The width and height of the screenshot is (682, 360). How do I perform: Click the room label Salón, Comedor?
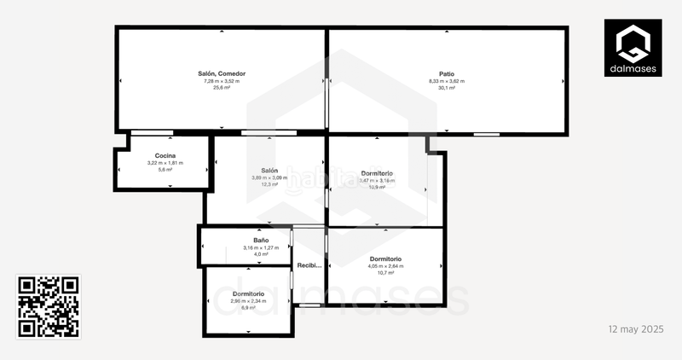[x=222, y=74]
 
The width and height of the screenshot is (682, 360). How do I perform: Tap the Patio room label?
[x=447, y=74]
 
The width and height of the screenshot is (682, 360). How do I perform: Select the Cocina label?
[x=165, y=156]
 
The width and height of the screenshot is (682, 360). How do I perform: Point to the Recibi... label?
[x=309, y=265]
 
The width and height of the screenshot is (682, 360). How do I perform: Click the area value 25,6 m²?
[x=222, y=88]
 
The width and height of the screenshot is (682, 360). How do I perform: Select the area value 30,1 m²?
[x=447, y=88]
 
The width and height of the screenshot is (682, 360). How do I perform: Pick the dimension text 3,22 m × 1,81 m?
[x=165, y=163]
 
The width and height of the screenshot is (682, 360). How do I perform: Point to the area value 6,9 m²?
[x=248, y=307]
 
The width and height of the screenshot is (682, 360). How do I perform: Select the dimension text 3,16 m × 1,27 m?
[x=256, y=247]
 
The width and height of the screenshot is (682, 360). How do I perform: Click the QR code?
[x=49, y=307]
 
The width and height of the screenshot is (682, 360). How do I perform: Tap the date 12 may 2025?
[x=635, y=328]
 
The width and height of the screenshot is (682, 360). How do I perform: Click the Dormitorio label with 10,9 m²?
[x=377, y=173]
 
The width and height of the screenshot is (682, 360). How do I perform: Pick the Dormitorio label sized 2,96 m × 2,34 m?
[x=248, y=293]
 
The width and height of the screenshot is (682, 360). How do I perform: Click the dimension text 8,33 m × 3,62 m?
[x=447, y=81]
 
